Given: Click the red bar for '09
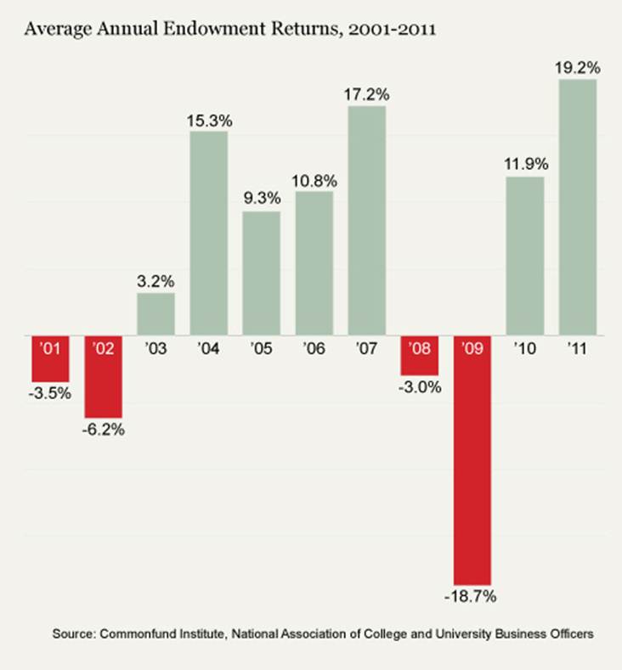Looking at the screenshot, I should point(472,467).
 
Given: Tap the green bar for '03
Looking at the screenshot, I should point(155,313).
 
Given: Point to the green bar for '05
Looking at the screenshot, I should point(261,272).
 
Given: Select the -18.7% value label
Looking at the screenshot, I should point(472,597).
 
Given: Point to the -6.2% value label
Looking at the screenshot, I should point(104,430).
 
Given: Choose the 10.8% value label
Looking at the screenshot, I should point(314,180).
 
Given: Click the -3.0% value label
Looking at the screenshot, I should point(420,388).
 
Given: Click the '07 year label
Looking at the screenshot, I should point(366,347).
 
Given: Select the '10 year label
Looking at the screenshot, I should point(524,347).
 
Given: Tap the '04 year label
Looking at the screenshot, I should point(208,347).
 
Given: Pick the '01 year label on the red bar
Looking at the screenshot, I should point(50,347).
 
